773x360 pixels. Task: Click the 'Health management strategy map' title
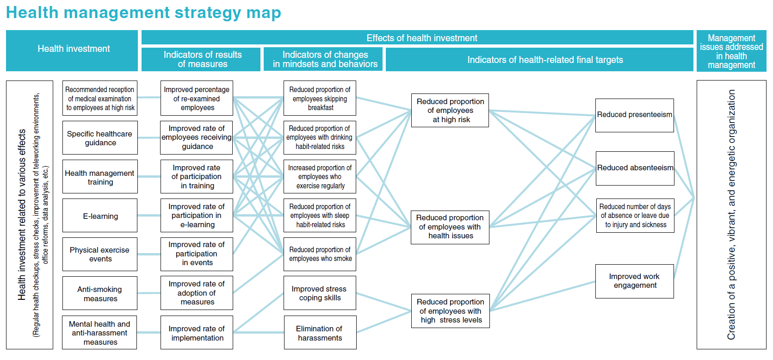pyautogui.click(x=143, y=13)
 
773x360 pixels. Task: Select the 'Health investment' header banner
pyautogui.click(x=72, y=51)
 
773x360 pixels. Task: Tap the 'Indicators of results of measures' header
pyautogui.click(x=201, y=59)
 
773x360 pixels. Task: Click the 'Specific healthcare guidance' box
pyautogui.click(x=100, y=138)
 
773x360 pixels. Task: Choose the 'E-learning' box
pyautogui.click(x=100, y=215)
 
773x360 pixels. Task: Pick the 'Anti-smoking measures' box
pyautogui.click(x=100, y=293)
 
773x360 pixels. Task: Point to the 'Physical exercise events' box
pyautogui.click(x=100, y=254)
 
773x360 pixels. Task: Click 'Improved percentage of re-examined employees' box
pyautogui.click(x=197, y=98)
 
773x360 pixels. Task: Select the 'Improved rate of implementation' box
pyautogui.click(x=197, y=332)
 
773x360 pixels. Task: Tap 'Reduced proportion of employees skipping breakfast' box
pyautogui.click(x=320, y=98)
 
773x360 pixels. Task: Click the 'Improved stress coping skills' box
pyautogui.click(x=320, y=293)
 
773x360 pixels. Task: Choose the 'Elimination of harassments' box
pyautogui.click(x=320, y=332)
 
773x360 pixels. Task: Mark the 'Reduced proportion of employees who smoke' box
pyautogui.click(x=320, y=254)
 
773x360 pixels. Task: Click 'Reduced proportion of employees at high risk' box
pyautogui.click(x=450, y=111)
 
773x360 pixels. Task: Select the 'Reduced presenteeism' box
pyautogui.click(x=635, y=115)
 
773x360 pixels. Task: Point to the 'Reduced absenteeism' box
pyautogui.click(x=635, y=168)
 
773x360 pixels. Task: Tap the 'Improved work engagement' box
pyautogui.click(x=635, y=281)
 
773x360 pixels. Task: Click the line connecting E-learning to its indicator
pyautogui.click(x=149, y=215)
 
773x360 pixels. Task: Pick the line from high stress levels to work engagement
pyautogui.click(x=543, y=296)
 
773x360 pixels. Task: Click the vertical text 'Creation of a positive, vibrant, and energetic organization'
pyautogui.click(x=731, y=215)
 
